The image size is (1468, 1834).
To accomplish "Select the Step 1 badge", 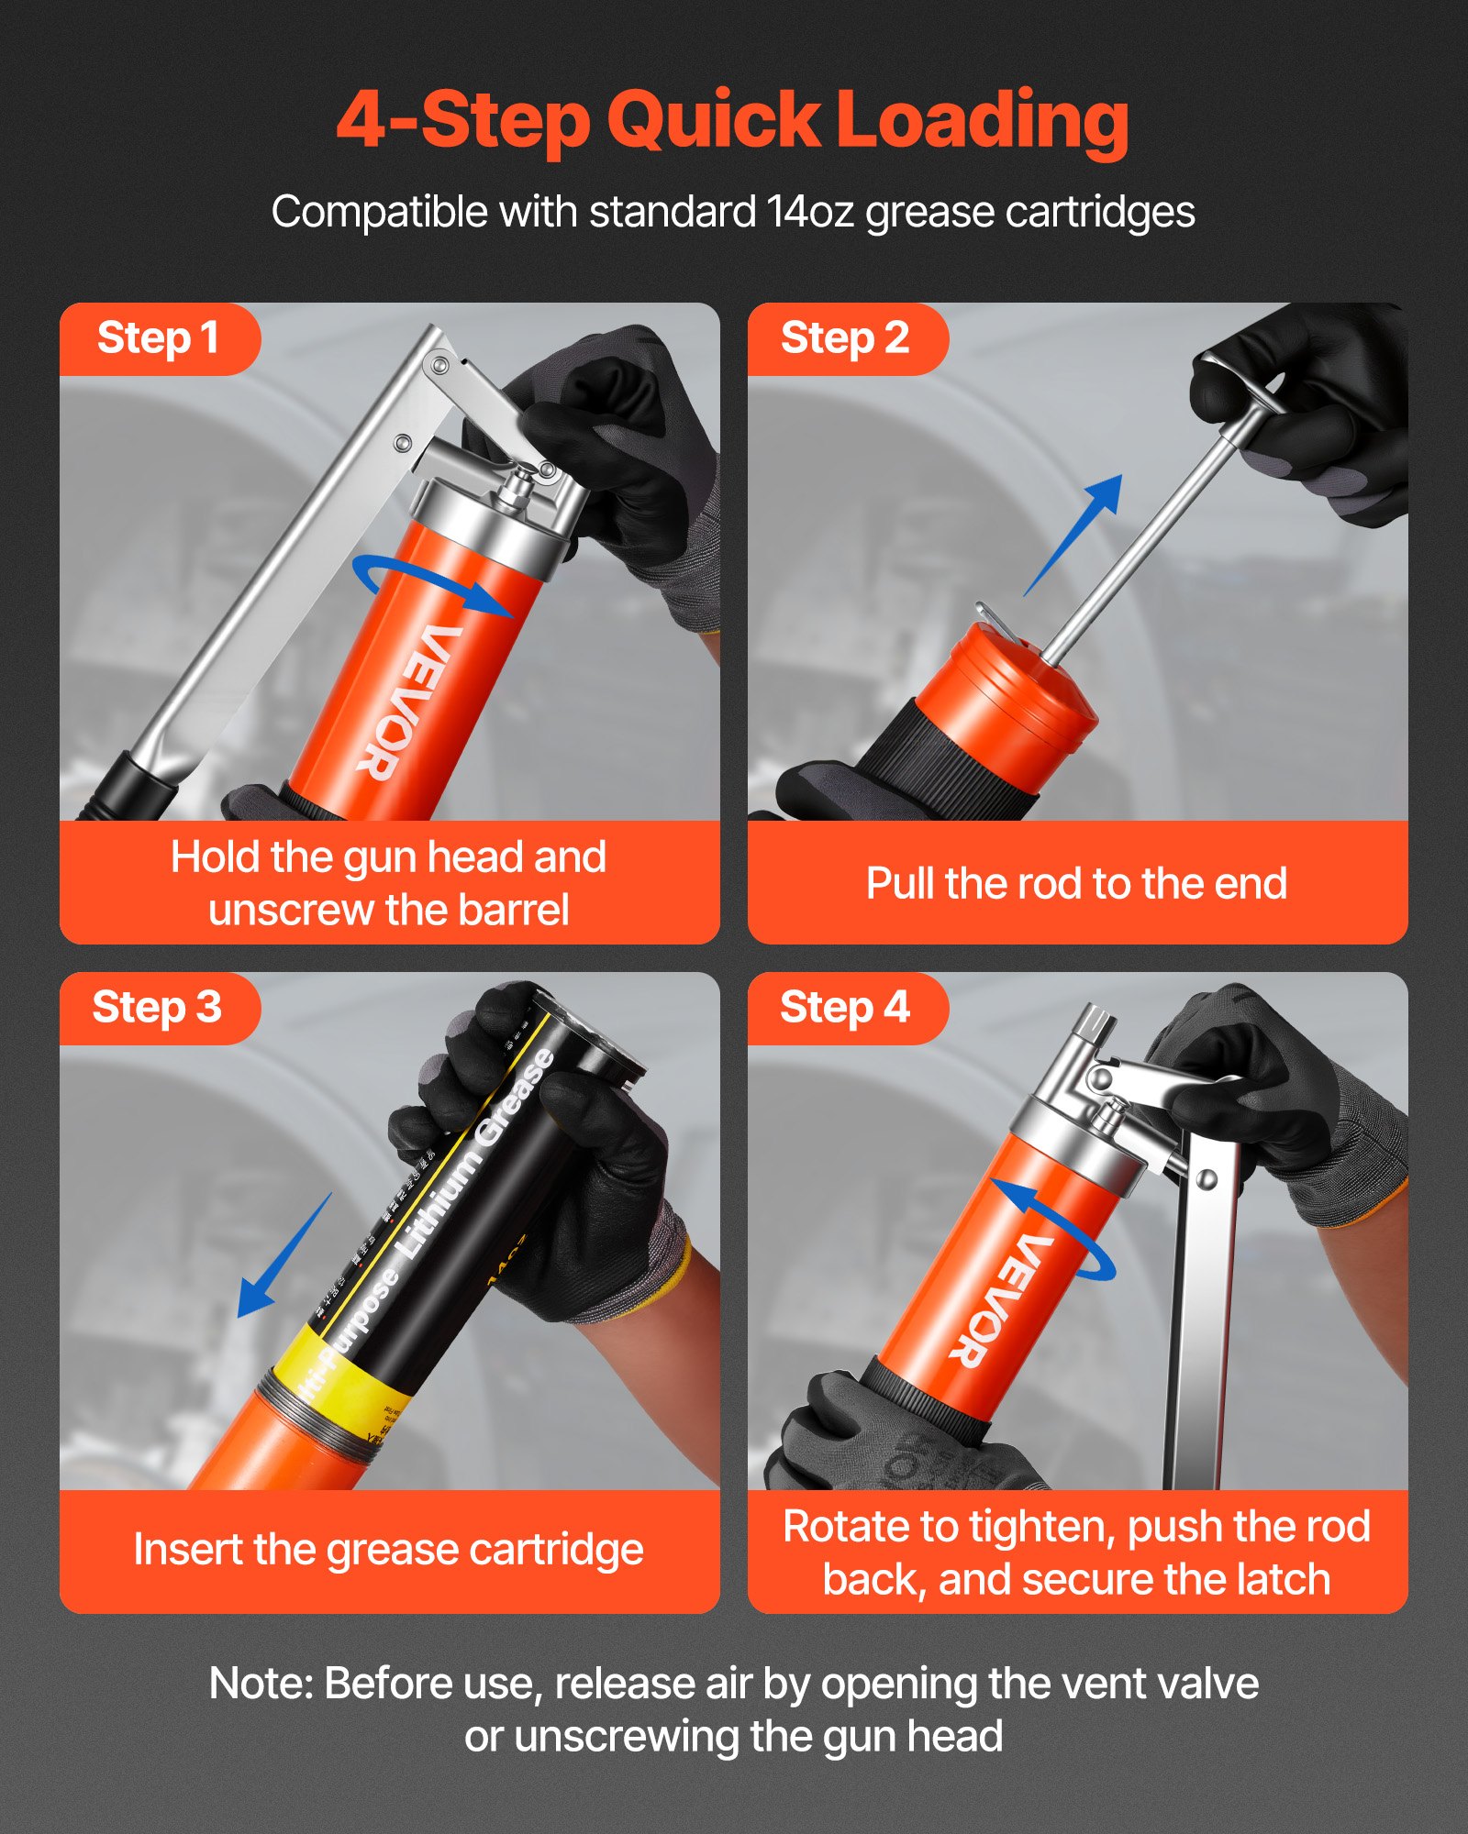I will (x=158, y=337).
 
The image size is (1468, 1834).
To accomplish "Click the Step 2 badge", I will (x=844, y=337).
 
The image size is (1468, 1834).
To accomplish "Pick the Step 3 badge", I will (x=157, y=1007).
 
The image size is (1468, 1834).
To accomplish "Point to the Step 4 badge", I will (x=844, y=1007).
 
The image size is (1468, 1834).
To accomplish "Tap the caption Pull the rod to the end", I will (x=1076, y=884).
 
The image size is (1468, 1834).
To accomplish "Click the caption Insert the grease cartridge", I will (x=388, y=1550).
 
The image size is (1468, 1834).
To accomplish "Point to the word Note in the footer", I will (x=261, y=1684).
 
